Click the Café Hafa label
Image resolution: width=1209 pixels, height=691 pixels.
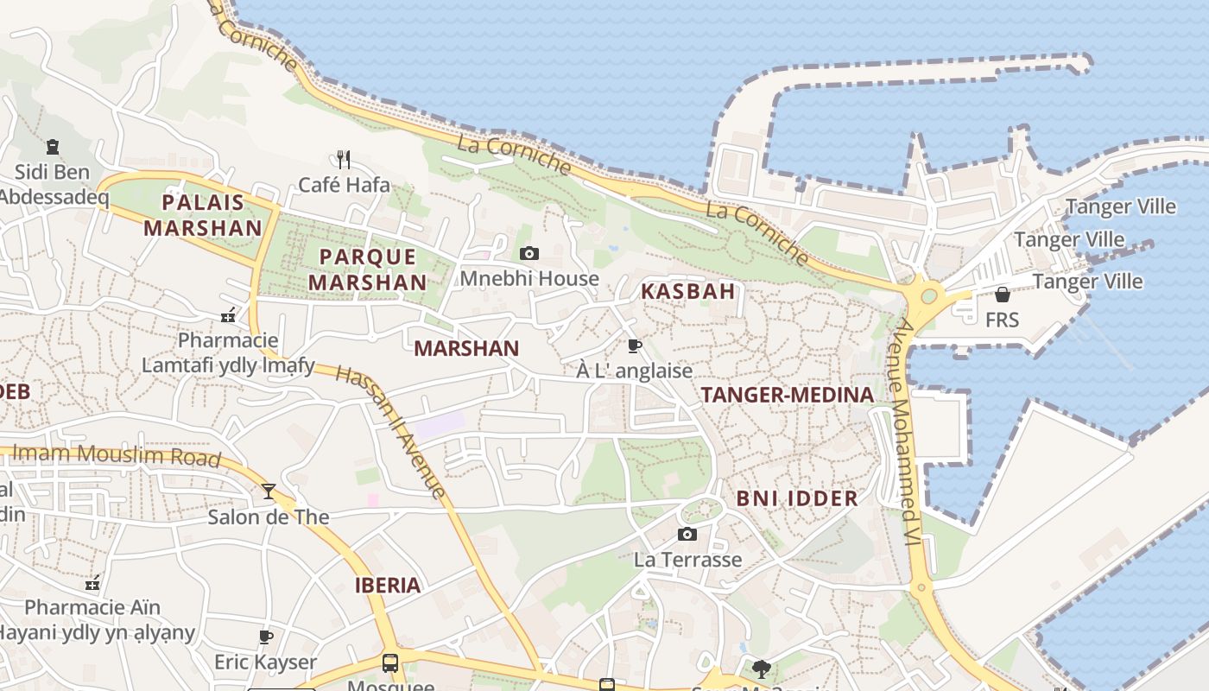pos(344,185)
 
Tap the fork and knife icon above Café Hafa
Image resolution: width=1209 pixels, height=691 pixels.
pos(344,159)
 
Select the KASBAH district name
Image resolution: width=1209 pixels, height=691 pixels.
pos(688,291)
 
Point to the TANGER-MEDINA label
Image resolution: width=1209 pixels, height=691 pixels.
pos(788,396)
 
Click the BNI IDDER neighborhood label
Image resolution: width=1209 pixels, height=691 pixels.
pos(797,498)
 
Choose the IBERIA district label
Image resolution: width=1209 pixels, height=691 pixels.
pos(388,586)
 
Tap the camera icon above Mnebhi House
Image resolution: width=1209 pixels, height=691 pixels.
pos(529,253)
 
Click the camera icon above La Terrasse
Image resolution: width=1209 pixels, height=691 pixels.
pos(687,534)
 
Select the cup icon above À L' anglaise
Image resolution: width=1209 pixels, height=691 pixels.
pos(635,346)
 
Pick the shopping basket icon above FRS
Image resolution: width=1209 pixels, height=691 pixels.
pos(1003,295)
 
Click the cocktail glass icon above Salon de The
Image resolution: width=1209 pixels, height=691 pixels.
pos(269,491)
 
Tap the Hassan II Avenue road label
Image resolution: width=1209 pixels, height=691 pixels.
pos(392,433)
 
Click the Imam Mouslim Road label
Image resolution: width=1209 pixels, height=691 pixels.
pos(117,454)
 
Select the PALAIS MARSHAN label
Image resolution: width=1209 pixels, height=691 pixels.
pos(203,215)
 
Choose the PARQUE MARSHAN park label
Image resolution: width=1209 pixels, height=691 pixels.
pos(368,269)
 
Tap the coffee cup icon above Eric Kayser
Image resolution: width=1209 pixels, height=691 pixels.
pos(266,637)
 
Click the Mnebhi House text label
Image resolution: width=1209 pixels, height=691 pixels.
pos(529,278)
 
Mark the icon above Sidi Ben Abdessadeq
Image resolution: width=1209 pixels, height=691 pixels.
pos(53,146)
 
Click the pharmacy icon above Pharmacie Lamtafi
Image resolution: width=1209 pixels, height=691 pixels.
pos(228,315)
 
